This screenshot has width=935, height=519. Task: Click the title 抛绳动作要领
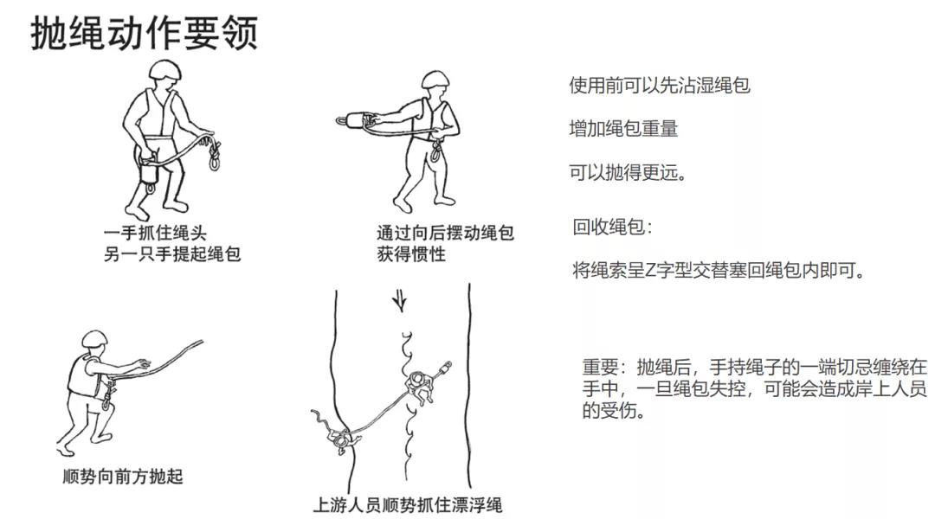tap(145, 33)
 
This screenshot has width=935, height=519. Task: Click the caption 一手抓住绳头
tap(155, 233)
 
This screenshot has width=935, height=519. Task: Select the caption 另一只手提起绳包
tap(172, 254)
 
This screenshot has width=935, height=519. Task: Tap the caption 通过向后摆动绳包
tap(445, 233)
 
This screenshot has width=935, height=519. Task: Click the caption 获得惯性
tap(411, 254)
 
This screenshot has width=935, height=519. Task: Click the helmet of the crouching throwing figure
tap(94, 339)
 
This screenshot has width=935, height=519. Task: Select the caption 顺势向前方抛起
tap(123, 477)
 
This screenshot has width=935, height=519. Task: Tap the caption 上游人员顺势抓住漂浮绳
tap(407, 505)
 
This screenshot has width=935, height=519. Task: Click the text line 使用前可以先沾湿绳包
tap(660, 86)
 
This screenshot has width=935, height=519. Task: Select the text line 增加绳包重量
tap(623, 129)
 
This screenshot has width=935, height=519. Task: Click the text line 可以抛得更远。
tap(629, 173)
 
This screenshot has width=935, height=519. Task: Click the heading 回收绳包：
tap(612, 227)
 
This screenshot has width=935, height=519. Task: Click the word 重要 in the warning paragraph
tap(600, 367)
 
